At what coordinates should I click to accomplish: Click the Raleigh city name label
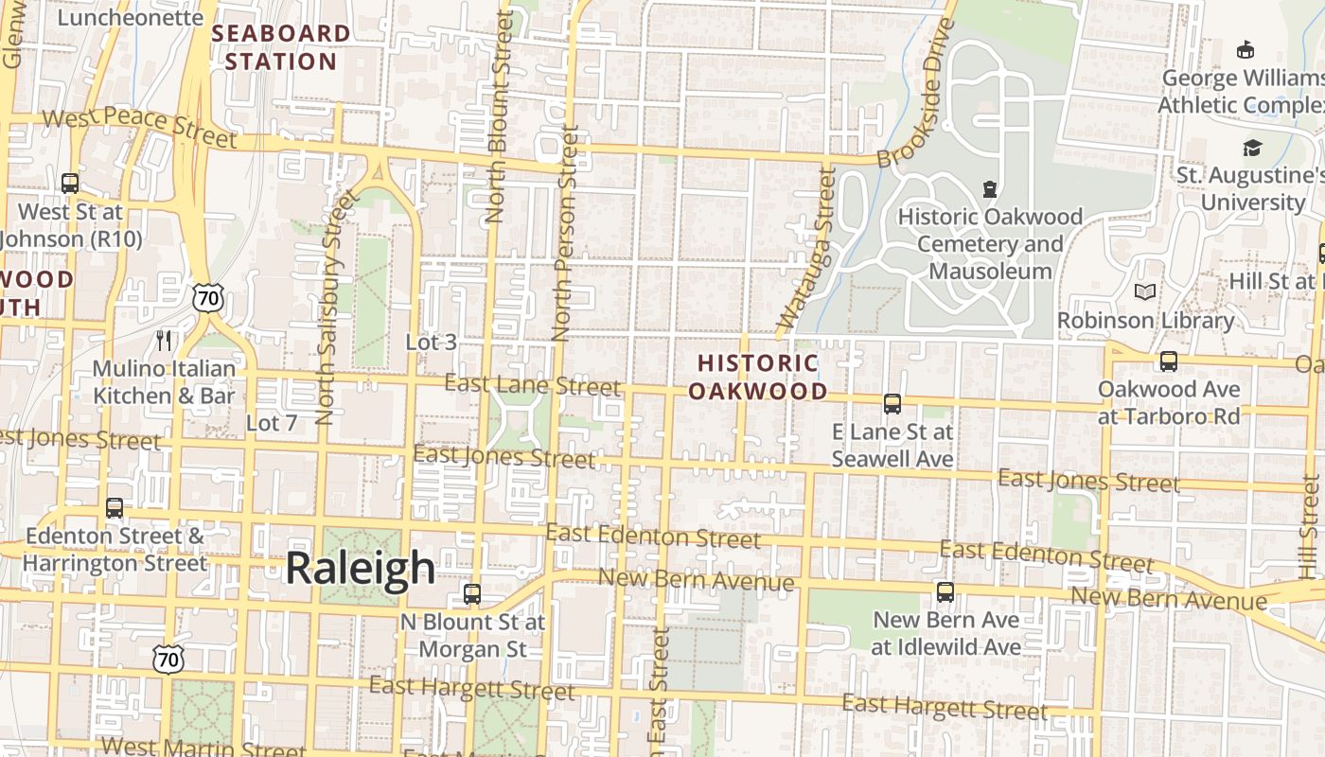point(360,568)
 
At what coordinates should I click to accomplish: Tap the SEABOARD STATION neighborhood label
point(280,47)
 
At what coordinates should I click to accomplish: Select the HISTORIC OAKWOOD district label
point(757,377)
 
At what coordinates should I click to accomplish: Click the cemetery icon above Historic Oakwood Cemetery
point(989,189)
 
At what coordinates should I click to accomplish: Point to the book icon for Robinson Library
point(1145,292)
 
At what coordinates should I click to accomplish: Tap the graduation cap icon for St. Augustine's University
point(1252,148)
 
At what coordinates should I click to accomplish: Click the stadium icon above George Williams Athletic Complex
point(1246,49)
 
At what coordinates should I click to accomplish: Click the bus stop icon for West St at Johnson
point(70,183)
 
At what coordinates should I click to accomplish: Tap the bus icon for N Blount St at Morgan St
point(471,594)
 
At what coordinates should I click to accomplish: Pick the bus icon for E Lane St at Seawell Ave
point(892,404)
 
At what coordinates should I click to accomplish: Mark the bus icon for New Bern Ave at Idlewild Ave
point(945,592)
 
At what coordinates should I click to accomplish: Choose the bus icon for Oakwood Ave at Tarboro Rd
point(1168,361)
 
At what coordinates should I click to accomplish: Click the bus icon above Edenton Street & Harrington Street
point(115,508)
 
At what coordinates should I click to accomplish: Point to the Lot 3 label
point(431,343)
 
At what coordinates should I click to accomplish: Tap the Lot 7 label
point(272,423)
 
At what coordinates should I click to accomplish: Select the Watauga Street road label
point(806,253)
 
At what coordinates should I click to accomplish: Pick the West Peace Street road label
point(139,127)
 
